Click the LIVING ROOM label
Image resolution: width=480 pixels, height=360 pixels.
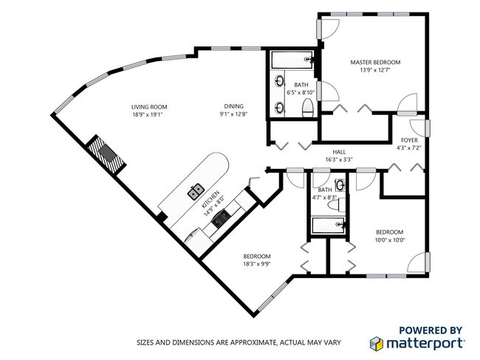149,107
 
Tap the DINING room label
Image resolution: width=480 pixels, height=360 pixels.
233,106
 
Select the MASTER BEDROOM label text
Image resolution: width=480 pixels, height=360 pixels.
375,63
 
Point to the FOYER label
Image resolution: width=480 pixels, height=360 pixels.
409,140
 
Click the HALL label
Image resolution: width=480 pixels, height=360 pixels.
339,152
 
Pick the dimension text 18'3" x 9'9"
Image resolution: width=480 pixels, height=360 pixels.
257,264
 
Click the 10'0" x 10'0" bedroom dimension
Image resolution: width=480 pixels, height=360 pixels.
390,240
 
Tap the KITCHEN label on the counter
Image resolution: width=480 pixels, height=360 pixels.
210,199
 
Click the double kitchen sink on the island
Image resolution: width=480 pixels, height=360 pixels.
196,192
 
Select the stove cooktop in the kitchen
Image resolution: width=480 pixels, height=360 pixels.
220,218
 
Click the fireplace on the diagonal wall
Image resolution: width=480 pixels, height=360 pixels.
106,154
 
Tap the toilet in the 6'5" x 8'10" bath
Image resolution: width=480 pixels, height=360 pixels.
308,108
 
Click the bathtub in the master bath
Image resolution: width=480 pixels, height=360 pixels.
292,60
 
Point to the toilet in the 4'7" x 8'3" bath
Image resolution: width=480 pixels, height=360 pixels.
336,205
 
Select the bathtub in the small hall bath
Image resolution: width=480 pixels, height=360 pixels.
328,226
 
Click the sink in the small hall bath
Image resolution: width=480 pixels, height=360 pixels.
340,185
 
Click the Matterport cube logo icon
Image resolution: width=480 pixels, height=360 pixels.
376,344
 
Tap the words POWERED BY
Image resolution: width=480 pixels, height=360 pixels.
431,330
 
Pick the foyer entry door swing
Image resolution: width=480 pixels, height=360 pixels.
418,128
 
